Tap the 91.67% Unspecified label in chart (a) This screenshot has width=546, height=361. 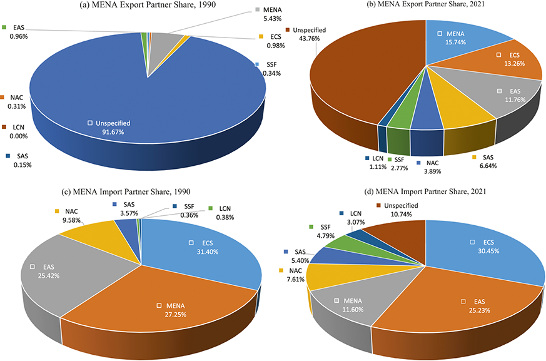click(109, 128)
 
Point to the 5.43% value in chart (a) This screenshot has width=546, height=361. click(273, 19)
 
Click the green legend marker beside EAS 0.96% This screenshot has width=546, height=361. click(4, 27)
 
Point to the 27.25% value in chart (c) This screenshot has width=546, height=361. click(176, 315)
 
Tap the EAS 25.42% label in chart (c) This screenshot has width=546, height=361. click(45, 272)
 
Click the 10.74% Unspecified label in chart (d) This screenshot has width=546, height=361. click(398, 210)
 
